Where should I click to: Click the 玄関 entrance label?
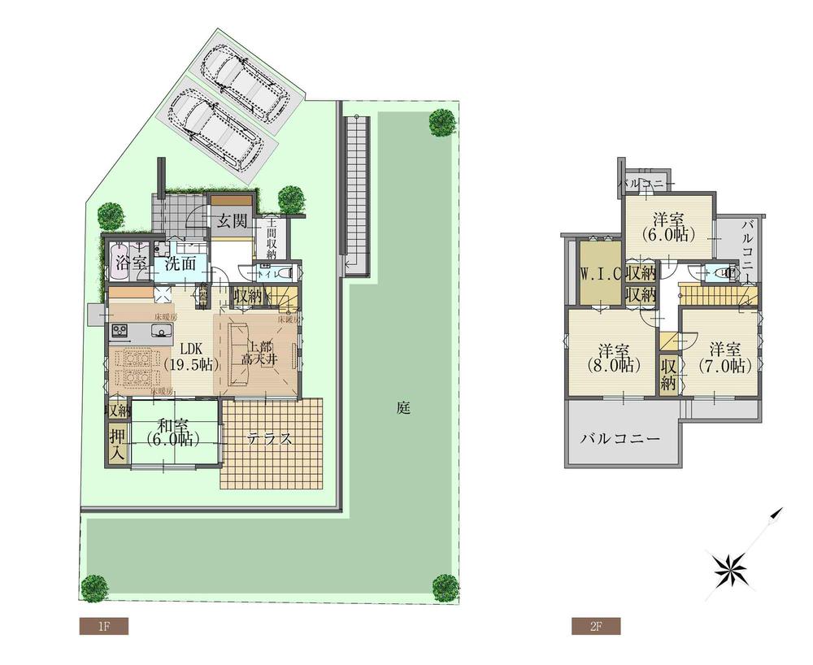pyautogui.click(x=232, y=221)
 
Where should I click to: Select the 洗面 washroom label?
pyautogui.click(x=181, y=263)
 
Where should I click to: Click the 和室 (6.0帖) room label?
pyautogui.click(x=175, y=431)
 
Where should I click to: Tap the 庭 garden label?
pyautogui.click(x=403, y=408)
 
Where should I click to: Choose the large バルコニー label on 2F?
pyautogui.click(x=620, y=438)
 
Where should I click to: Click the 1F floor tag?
pyautogui.click(x=103, y=626)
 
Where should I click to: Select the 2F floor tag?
pyautogui.click(x=595, y=626)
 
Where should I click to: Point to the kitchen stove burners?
pyautogui.click(x=121, y=331)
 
